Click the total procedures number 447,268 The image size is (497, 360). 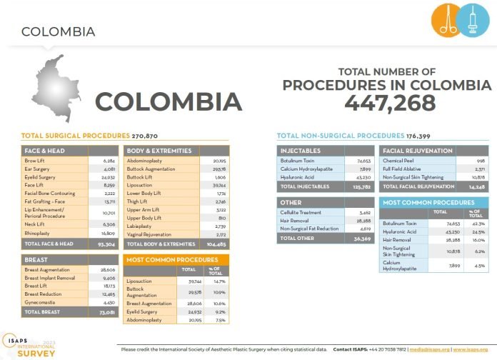coord(390,103)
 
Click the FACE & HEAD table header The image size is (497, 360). coord(44,151)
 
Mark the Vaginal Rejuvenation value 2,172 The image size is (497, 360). coord(219,234)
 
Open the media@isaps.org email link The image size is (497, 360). coord(428,349)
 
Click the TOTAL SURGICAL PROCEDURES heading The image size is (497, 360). coord(76,135)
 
